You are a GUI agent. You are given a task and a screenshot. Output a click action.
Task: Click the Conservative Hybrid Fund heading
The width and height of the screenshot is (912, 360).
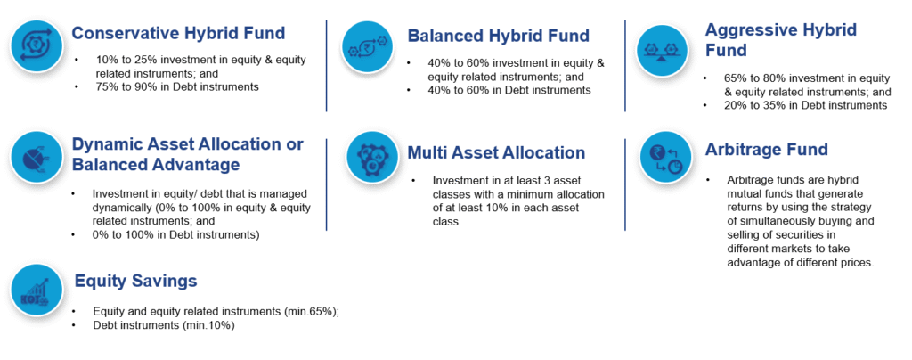point(178,33)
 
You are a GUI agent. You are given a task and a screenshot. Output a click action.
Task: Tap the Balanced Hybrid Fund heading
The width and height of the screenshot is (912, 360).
point(499,36)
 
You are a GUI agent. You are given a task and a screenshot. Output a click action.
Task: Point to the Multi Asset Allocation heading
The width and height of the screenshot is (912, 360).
point(496,152)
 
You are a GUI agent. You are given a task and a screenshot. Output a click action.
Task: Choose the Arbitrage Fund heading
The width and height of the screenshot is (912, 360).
point(767,150)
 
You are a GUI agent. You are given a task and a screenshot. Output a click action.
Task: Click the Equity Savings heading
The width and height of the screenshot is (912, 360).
point(136,282)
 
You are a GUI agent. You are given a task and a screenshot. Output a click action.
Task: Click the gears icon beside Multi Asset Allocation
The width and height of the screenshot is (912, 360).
point(371,157)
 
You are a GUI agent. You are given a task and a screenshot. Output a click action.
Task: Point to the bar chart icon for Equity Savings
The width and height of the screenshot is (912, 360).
point(37,289)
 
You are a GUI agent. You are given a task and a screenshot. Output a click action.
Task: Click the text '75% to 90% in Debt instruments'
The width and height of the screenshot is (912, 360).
point(177,86)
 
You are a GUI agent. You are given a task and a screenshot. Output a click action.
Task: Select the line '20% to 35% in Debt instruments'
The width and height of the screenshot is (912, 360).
point(805,105)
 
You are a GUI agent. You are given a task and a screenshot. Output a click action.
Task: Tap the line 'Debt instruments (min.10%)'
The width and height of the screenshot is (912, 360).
point(164,325)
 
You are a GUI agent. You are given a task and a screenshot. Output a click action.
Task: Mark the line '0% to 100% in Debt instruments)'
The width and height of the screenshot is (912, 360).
point(176,235)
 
